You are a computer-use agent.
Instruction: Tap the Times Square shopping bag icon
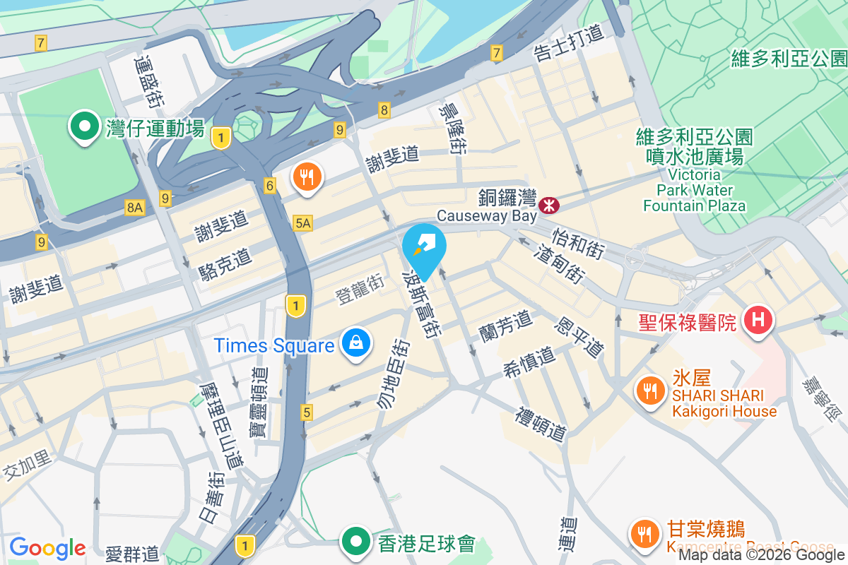(358, 345)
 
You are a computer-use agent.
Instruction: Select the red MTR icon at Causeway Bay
(548, 205)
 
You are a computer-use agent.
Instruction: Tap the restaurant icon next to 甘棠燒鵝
(644, 533)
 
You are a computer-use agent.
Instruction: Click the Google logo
(47, 548)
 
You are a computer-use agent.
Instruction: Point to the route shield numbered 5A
(302, 223)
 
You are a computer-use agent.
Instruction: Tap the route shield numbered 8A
(134, 207)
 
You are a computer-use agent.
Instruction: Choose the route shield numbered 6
(270, 185)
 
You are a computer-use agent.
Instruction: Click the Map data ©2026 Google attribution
(762, 554)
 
